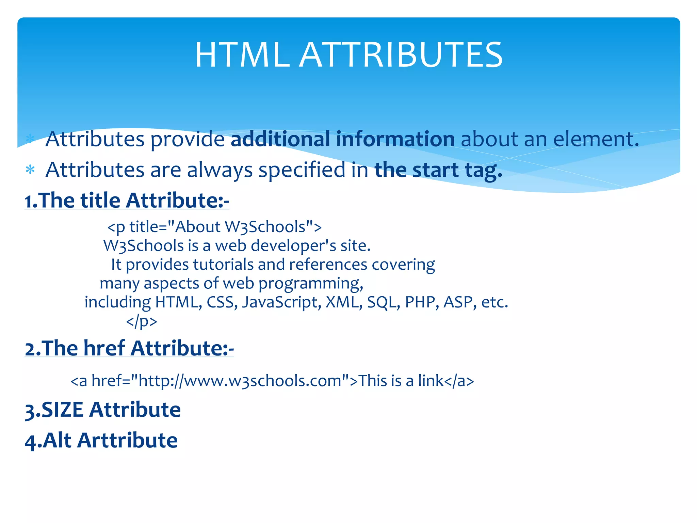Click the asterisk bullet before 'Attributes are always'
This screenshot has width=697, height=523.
pyautogui.click(x=30, y=169)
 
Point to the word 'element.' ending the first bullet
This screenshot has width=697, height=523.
pyautogui.click(x=596, y=139)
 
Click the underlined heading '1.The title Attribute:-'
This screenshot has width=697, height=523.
pyautogui.click(x=127, y=200)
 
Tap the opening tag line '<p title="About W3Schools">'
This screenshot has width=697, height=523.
pyautogui.click(x=214, y=227)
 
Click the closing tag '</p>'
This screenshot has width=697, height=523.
pyautogui.click(x=142, y=321)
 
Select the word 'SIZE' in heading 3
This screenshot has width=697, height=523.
pyautogui.click(x=62, y=410)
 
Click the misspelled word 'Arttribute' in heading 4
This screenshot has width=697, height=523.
pyautogui.click(x=127, y=440)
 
